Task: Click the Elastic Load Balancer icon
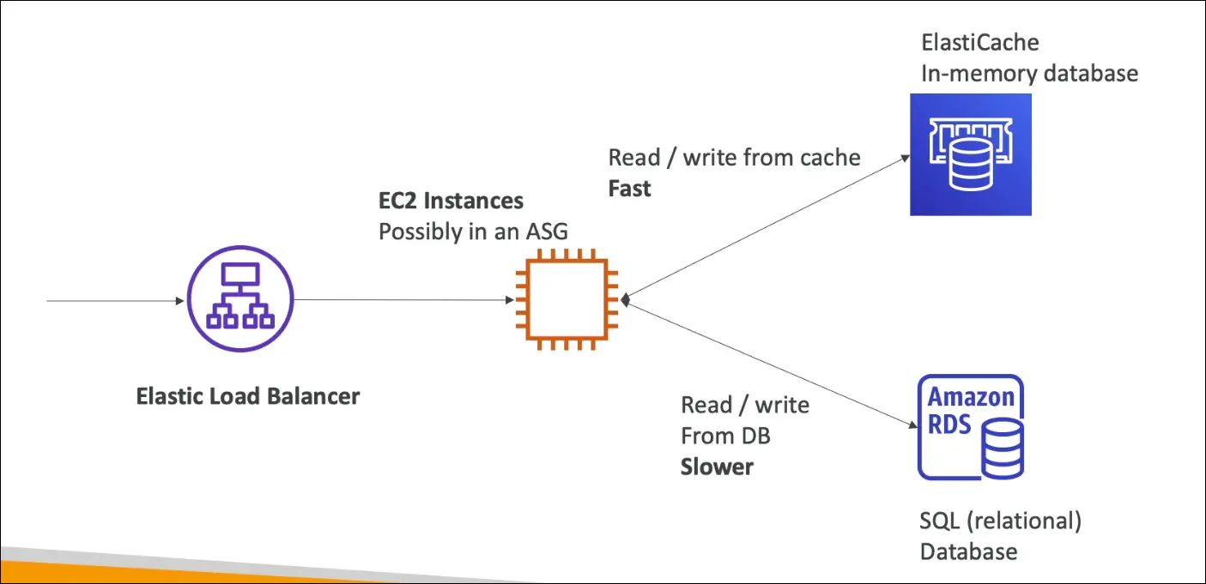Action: (x=239, y=299)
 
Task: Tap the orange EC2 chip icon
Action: (x=567, y=300)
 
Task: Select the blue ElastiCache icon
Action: (x=970, y=154)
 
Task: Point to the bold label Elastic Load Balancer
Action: (x=248, y=397)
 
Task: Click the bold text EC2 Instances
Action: (x=451, y=202)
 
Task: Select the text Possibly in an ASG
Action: (x=473, y=232)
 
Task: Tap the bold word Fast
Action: (x=629, y=189)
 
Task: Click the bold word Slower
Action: (x=717, y=467)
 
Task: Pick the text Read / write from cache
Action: (x=734, y=158)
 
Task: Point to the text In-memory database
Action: (x=1029, y=74)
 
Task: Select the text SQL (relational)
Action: (x=1000, y=521)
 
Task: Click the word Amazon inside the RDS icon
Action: (x=971, y=397)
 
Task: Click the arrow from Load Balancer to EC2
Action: (x=403, y=300)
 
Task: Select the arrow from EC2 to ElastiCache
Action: (x=768, y=227)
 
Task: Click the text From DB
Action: (x=725, y=436)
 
